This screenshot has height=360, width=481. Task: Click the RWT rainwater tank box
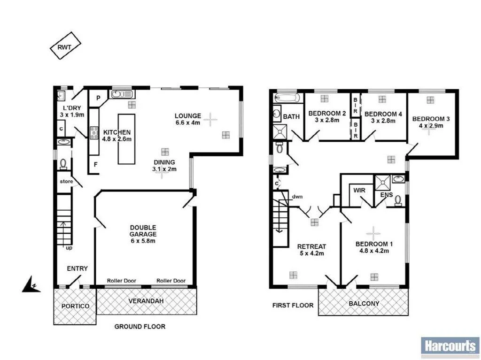pyautogui.click(x=65, y=46)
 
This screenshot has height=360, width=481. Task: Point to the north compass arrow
pyautogui.click(x=31, y=284)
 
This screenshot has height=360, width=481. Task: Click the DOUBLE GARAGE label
pyautogui.click(x=143, y=234)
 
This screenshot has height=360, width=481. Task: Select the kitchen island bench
pyautogui.click(x=126, y=138)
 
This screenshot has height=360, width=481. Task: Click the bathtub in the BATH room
pyautogui.click(x=287, y=99)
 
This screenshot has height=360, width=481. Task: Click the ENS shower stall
pyautogui.click(x=382, y=181)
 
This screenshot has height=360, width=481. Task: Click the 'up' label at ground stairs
pyautogui.click(x=69, y=247)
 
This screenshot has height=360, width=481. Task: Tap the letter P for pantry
pyautogui.click(x=99, y=98)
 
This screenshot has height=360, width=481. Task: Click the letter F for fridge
pyautogui.click(x=95, y=165)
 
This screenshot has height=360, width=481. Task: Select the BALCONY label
pyautogui.click(x=364, y=304)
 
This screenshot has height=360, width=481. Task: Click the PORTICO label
pyautogui.click(x=75, y=306)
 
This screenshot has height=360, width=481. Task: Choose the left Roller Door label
pyautogui.click(x=122, y=281)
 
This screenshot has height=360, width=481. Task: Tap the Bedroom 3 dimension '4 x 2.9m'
pyautogui.click(x=430, y=127)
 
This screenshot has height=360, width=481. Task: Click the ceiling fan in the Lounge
pyautogui.click(x=210, y=120)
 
